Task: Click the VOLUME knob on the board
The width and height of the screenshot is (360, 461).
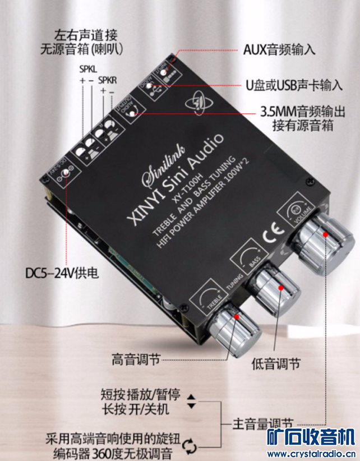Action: (320, 245)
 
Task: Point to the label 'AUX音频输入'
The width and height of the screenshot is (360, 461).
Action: (279, 49)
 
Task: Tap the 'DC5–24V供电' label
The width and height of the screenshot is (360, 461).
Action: (62, 274)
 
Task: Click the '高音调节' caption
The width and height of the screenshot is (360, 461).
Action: (135, 357)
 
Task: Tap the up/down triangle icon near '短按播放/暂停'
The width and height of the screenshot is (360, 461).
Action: (192, 400)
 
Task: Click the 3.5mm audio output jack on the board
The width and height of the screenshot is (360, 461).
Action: (132, 114)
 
